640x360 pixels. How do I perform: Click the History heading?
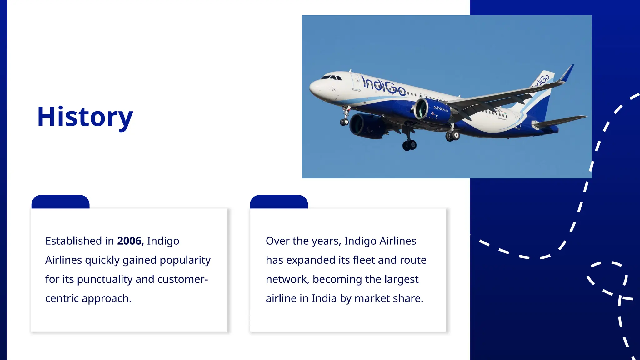click(x=85, y=117)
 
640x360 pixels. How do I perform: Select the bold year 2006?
click(x=129, y=241)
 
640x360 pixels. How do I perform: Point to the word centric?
click(x=62, y=298)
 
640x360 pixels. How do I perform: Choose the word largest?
click(x=401, y=279)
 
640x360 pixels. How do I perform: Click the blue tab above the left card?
click(x=60, y=202)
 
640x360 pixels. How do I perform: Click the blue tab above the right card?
click(x=279, y=202)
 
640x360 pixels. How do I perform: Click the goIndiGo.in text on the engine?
click(x=440, y=109)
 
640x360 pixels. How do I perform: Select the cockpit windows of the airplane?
click(x=331, y=77)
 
